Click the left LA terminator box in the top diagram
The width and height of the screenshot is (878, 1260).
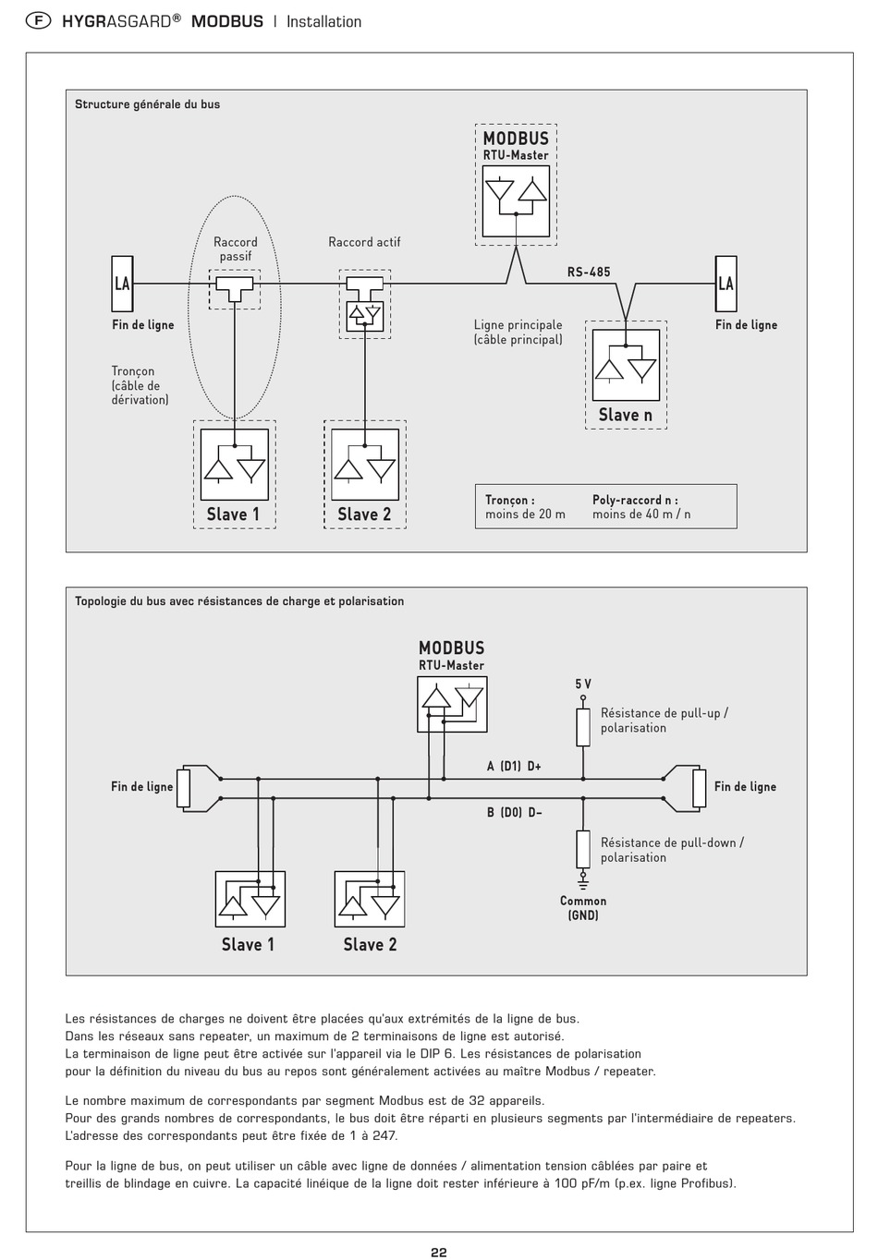tap(122, 284)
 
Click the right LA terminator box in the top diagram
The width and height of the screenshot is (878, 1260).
tap(726, 284)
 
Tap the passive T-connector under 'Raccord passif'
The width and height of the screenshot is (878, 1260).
tap(235, 288)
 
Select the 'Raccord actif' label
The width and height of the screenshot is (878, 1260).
tap(364, 242)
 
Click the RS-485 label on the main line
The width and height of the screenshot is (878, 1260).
tap(589, 273)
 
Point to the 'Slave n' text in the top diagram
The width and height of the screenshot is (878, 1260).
tap(626, 415)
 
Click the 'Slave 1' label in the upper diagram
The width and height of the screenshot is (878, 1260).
tap(233, 515)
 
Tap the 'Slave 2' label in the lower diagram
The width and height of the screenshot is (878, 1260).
tap(370, 944)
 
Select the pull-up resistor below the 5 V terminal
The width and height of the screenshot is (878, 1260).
tap(583, 727)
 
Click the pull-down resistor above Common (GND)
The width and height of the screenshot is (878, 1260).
tap(583, 849)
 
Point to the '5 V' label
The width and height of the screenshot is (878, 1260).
tap(583, 684)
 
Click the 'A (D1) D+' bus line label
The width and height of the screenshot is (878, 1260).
tap(514, 766)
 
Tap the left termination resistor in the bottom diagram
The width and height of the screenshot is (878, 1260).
tap(184, 789)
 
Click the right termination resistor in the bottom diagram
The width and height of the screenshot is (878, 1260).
tap(699, 789)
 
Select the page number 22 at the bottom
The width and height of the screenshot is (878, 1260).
tap(439, 1252)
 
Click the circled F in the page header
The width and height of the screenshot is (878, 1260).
tap(38, 21)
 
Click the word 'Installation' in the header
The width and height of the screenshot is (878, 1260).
tap(323, 22)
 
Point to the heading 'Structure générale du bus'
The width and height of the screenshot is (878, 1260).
tap(148, 104)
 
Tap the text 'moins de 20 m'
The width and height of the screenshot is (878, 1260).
tap(525, 515)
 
